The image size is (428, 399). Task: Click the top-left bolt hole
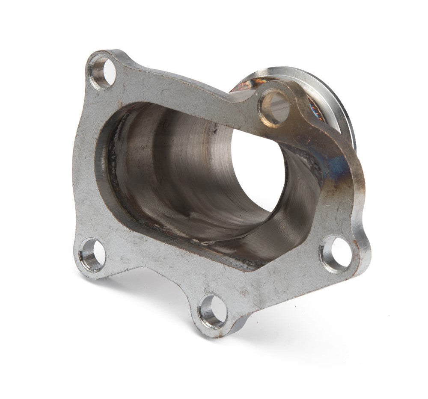(102, 71)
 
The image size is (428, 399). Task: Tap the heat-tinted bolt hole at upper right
(273, 107)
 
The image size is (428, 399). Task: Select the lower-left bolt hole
(92, 256)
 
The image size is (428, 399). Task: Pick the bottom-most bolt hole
(212, 311)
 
